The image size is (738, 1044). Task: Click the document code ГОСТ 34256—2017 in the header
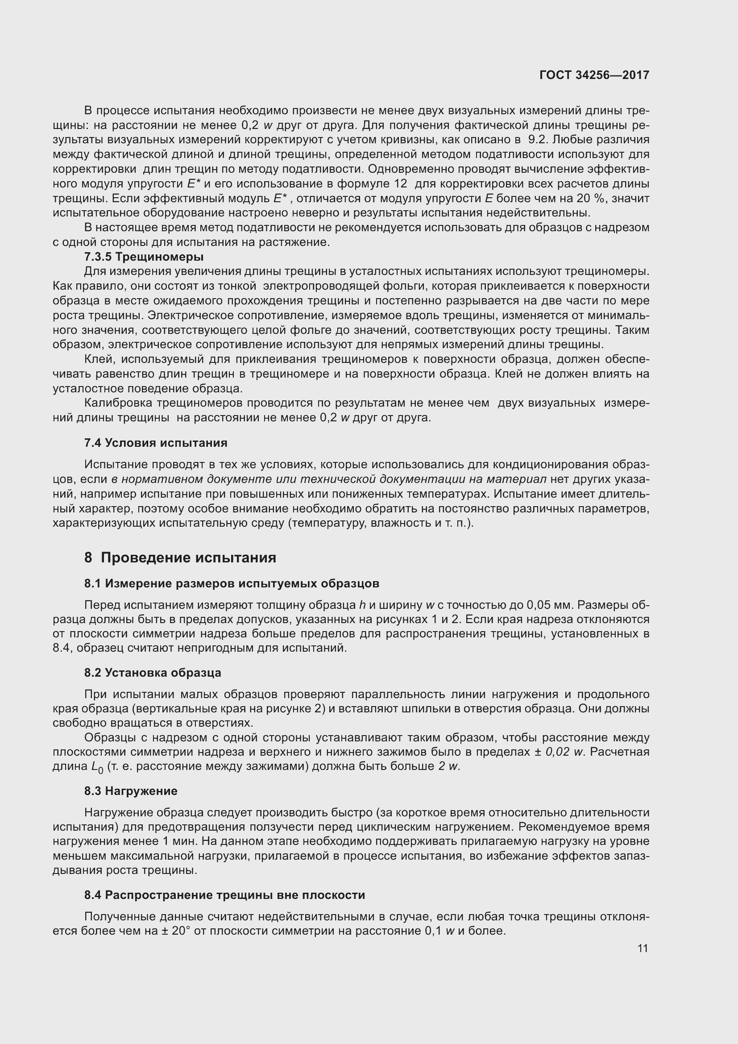point(594,75)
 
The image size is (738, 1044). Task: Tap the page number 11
point(643,948)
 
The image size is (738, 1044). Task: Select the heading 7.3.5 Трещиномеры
point(144,257)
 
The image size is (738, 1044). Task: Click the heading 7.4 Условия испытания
point(155,442)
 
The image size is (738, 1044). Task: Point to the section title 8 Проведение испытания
point(180,557)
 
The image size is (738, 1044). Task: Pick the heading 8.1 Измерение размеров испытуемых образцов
point(231,583)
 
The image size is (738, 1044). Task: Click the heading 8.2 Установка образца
point(152,673)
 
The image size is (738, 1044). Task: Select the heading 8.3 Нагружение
point(130,791)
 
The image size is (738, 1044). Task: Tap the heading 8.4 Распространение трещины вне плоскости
point(224,895)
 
